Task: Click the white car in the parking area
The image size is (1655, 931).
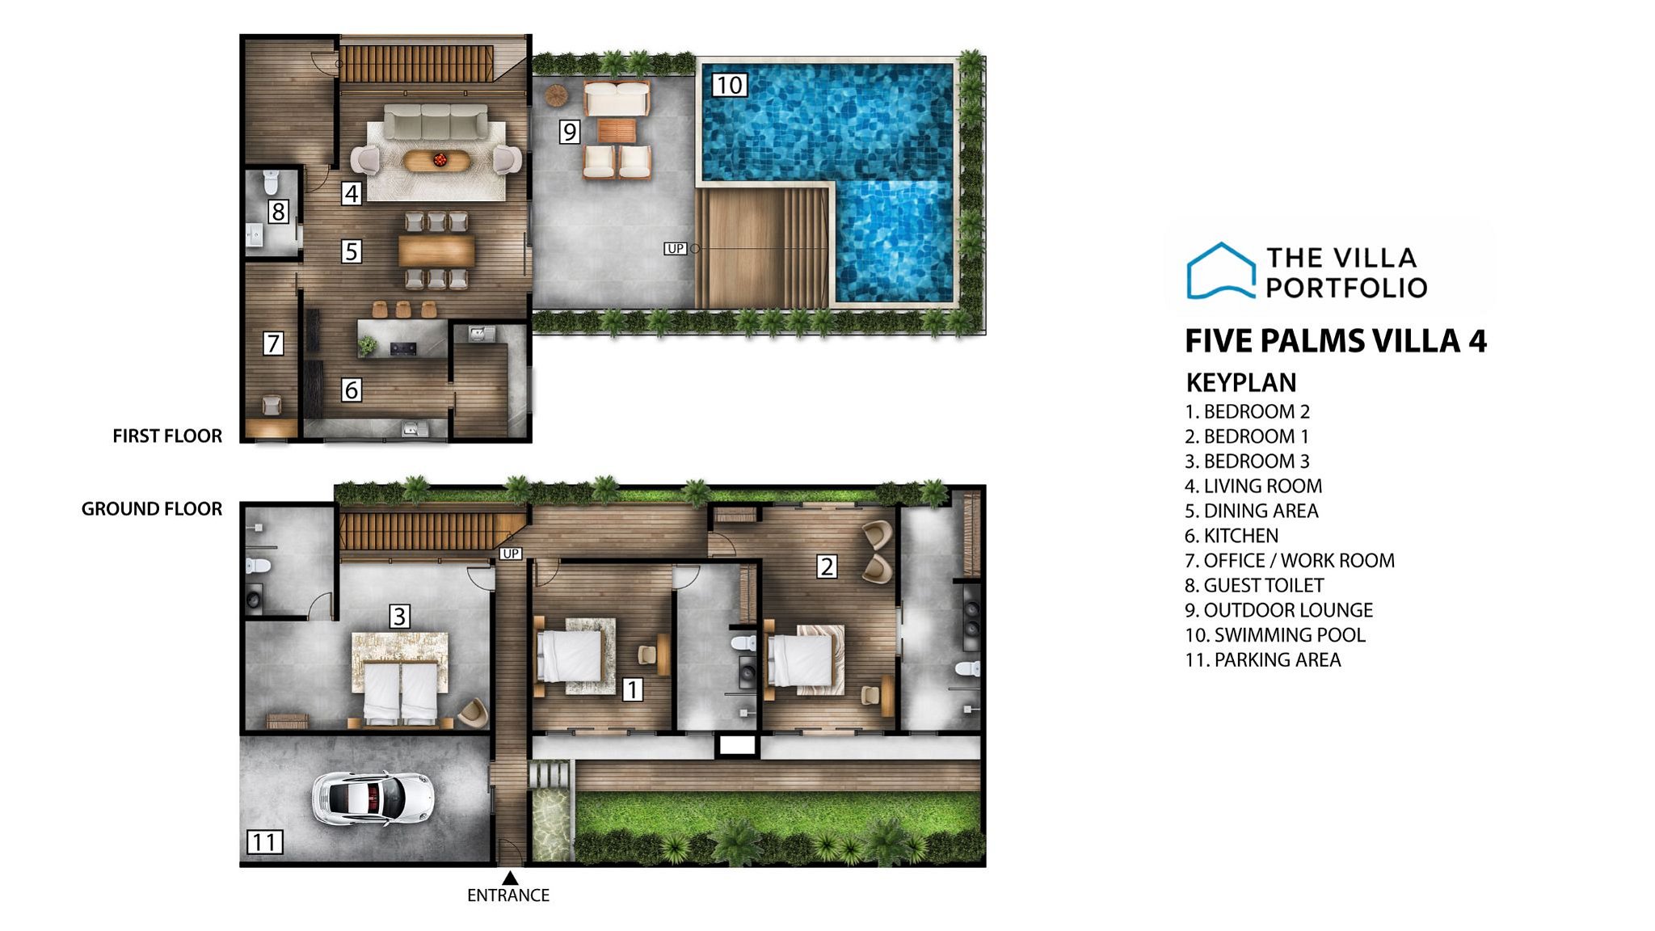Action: pyautogui.click(x=373, y=798)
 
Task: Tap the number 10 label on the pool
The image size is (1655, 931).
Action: pyautogui.click(x=729, y=85)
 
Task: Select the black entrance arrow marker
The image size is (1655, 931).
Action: pyautogui.click(x=510, y=878)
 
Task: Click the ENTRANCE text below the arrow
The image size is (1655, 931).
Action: pyautogui.click(x=508, y=895)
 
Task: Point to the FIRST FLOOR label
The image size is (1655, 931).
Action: pyautogui.click(x=167, y=436)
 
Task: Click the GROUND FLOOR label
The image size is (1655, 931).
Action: pyautogui.click(x=152, y=509)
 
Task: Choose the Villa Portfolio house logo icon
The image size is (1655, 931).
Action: pyautogui.click(x=1220, y=272)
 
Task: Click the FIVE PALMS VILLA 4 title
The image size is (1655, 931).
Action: pyautogui.click(x=1335, y=341)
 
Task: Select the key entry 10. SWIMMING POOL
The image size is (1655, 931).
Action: pyautogui.click(x=1274, y=635)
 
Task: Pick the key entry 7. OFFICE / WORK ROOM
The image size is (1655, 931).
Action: pyautogui.click(x=1289, y=560)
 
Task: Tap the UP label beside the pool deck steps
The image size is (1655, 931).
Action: pyautogui.click(x=676, y=249)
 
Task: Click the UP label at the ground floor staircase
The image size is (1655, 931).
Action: pyautogui.click(x=511, y=554)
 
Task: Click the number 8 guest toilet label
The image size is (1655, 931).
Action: pyautogui.click(x=278, y=212)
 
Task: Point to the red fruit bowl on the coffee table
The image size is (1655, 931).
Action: pyautogui.click(x=440, y=160)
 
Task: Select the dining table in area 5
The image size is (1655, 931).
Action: pyautogui.click(x=436, y=251)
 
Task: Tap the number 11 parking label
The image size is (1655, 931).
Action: pyautogui.click(x=264, y=842)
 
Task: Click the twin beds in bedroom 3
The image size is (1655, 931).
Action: pyautogui.click(x=400, y=692)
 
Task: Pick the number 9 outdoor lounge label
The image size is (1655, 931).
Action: pyautogui.click(x=570, y=132)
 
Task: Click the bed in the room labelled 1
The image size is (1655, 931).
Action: pyautogui.click(x=571, y=655)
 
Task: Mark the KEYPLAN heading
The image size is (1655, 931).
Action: pyautogui.click(x=1240, y=382)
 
